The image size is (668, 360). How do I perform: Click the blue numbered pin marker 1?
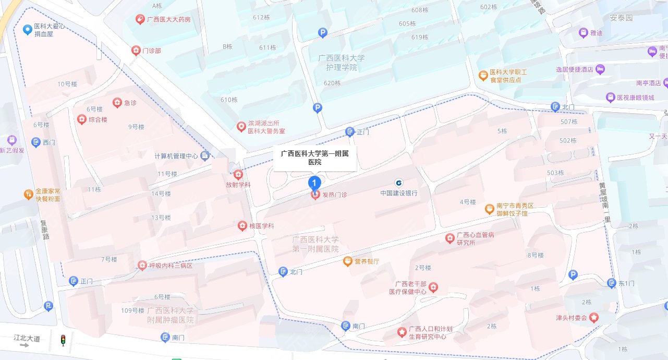pos(314,183)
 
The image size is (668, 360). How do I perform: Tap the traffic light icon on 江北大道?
pos(63,340)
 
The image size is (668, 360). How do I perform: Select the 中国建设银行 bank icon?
pos(398,183)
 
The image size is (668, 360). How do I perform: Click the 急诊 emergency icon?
pos(117,103)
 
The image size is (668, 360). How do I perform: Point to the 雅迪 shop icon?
pos(583,32)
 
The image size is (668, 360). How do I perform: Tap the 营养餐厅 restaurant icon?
pos(347,261)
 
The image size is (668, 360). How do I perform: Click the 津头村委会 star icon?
pos(593,317)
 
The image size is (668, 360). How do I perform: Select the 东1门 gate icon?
pos(612,283)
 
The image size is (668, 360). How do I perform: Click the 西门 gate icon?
pos(36,142)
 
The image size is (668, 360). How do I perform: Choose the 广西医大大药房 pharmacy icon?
pos(140,20)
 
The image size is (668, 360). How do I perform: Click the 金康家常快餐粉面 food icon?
pos(28,195)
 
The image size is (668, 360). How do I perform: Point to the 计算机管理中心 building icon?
pos(205,155)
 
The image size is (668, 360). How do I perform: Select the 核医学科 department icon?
pos(242,226)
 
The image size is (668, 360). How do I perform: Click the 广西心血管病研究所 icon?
pos(450,238)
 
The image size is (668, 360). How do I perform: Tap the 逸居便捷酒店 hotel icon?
pos(600,69)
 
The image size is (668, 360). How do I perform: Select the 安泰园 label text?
pos(621,17)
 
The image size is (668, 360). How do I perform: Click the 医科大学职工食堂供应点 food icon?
pos(483,76)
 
